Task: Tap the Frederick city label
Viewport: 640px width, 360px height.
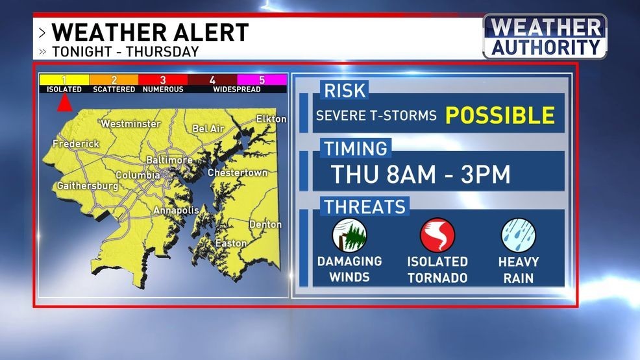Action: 76,143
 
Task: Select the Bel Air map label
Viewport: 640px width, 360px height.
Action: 208,128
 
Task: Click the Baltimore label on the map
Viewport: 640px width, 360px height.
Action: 169,160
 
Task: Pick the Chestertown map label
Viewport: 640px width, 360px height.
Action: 238,173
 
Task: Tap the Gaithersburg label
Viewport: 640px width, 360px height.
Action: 87,186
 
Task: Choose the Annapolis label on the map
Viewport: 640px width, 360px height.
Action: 176,210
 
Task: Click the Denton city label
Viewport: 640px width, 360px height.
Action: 265,224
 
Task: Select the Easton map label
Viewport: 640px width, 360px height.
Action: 231,243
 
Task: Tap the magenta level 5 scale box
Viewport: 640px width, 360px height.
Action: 262,80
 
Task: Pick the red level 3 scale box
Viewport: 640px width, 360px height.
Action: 163,80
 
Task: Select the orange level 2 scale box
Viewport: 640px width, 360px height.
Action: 114,80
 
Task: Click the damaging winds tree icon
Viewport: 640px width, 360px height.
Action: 349,235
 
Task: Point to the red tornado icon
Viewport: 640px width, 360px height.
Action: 437,235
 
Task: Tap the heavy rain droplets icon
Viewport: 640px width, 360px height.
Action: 518,235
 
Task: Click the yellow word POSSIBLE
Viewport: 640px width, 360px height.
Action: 500,115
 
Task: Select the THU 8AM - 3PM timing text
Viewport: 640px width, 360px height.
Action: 421,174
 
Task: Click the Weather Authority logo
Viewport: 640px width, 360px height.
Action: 545,36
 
